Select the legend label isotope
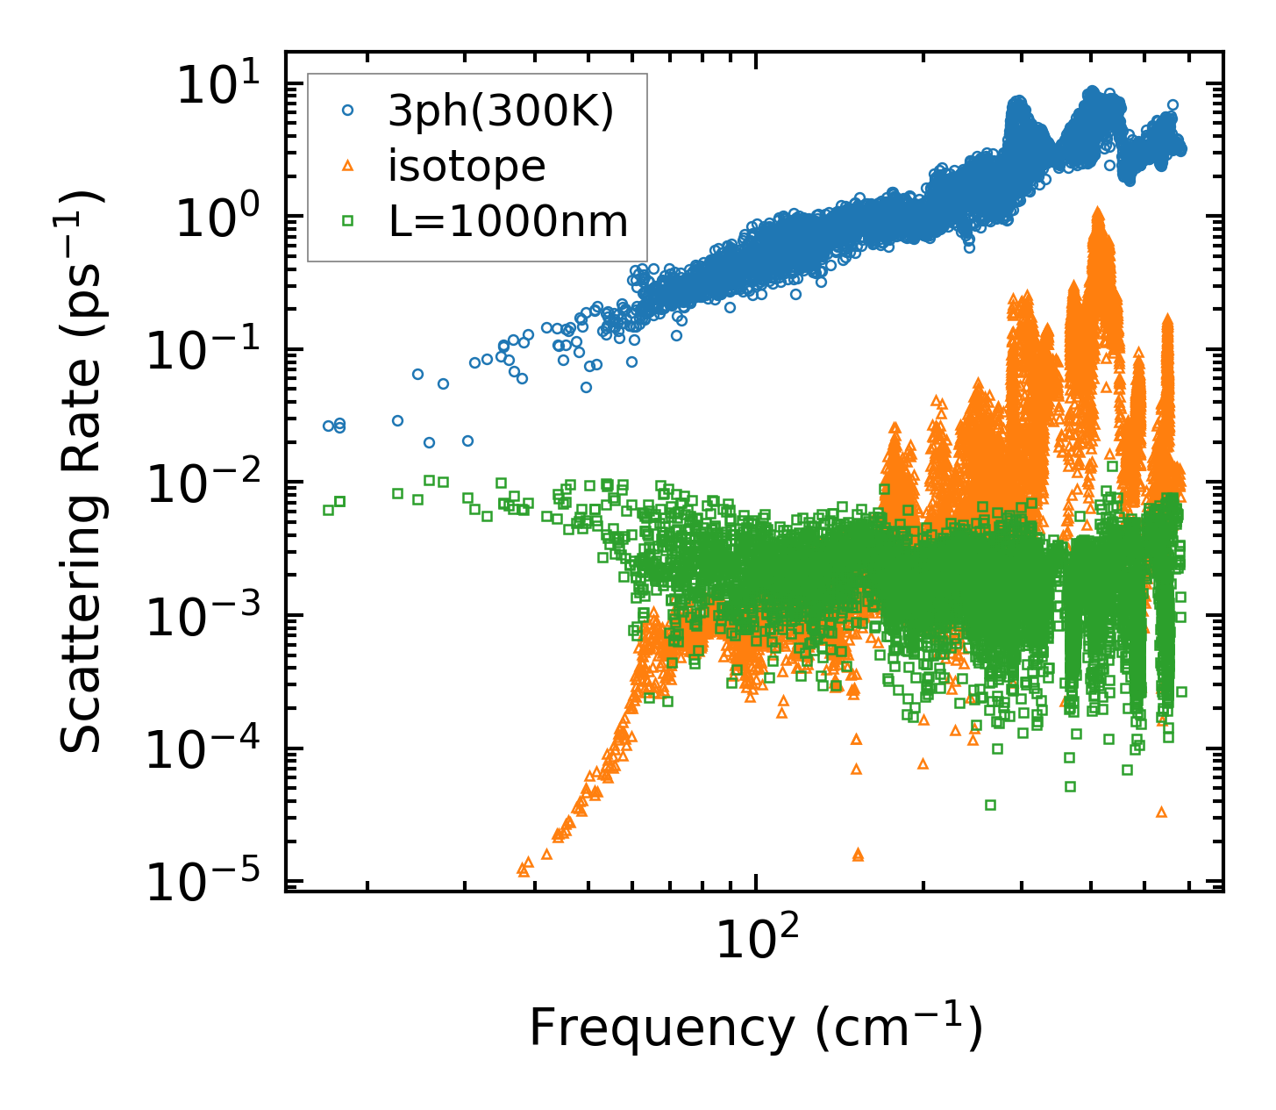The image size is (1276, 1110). click(467, 166)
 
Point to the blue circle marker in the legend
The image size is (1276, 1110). click(348, 111)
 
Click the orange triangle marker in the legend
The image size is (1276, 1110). click(348, 166)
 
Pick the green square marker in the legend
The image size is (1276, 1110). click(348, 221)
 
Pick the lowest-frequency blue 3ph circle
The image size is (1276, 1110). click(329, 426)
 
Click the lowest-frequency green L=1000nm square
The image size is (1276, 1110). click(329, 510)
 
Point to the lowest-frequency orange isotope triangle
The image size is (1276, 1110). click(523, 870)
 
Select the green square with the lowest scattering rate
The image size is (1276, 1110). click(990, 805)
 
